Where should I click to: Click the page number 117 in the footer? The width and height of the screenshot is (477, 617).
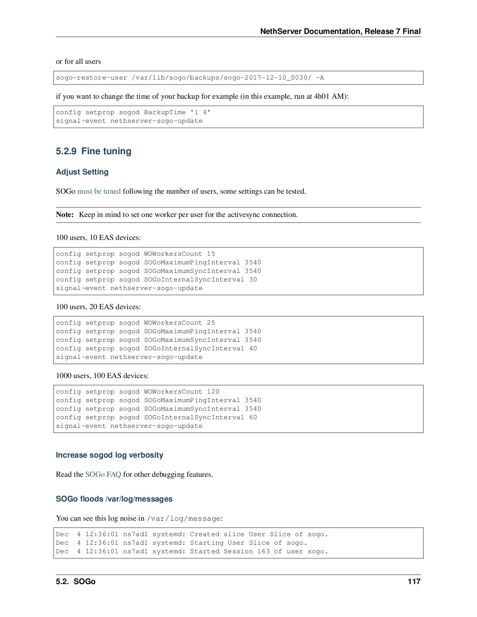[414, 581]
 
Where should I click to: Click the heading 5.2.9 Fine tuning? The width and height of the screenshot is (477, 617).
[93, 151]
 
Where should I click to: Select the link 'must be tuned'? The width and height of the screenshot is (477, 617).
[99, 191]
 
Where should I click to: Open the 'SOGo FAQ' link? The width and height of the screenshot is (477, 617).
[103, 474]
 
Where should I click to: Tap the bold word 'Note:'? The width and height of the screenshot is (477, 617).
[65, 215]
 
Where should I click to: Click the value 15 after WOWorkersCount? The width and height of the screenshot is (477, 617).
[211, 254]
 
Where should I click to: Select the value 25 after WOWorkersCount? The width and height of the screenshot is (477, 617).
[211, 323]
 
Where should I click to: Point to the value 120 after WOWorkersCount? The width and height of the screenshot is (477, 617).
[213, 392]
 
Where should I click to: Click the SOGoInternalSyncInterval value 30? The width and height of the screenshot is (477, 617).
[253, 280]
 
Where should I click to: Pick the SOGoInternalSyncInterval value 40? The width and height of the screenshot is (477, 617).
[253, 349]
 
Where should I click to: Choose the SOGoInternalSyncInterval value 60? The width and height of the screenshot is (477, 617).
[253, 418]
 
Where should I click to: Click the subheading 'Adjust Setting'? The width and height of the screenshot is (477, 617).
[82, 172]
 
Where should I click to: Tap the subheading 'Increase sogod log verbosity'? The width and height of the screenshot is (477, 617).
[109, 455]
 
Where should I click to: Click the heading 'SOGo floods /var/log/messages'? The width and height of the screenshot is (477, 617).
[114, 499]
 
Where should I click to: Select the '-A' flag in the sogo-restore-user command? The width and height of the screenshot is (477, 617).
[320, 78]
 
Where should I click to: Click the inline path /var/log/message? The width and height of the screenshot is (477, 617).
[183, 518]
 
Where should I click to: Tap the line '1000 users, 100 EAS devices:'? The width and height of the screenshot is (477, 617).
[102, 376]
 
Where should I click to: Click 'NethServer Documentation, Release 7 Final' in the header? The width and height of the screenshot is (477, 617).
[340, 32]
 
